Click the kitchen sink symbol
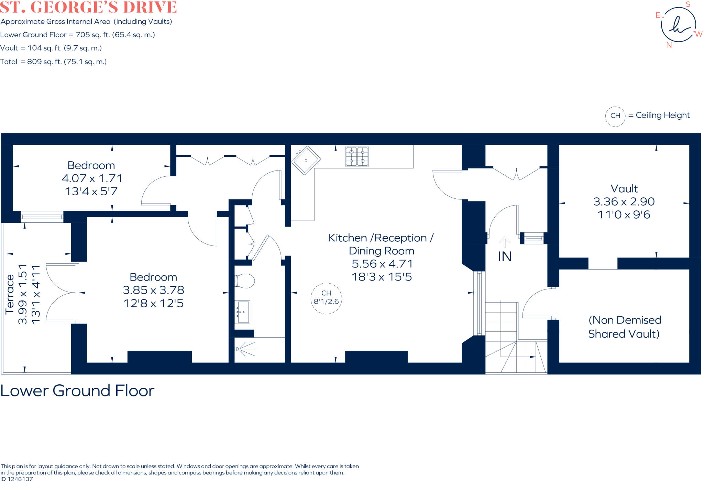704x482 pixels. coord(306,160)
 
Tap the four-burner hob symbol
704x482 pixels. coord(357,156)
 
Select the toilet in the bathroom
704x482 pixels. coord(245,281)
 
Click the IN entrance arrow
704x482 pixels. coord(504,242)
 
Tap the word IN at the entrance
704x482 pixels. coord(505,256)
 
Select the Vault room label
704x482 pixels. coord(624,189)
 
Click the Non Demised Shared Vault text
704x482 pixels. coord(624,327)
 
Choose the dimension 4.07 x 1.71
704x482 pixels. coord(92,178)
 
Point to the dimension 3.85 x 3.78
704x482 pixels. coord(153,290)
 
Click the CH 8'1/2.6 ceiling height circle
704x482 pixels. coord(326,298)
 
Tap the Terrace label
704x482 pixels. coord(10,294)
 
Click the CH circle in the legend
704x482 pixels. coord(615,116)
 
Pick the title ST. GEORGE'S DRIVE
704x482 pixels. coord(88,7)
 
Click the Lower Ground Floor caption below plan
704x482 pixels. coord(77,391)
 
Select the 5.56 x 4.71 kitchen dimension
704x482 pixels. coord(382,264)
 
